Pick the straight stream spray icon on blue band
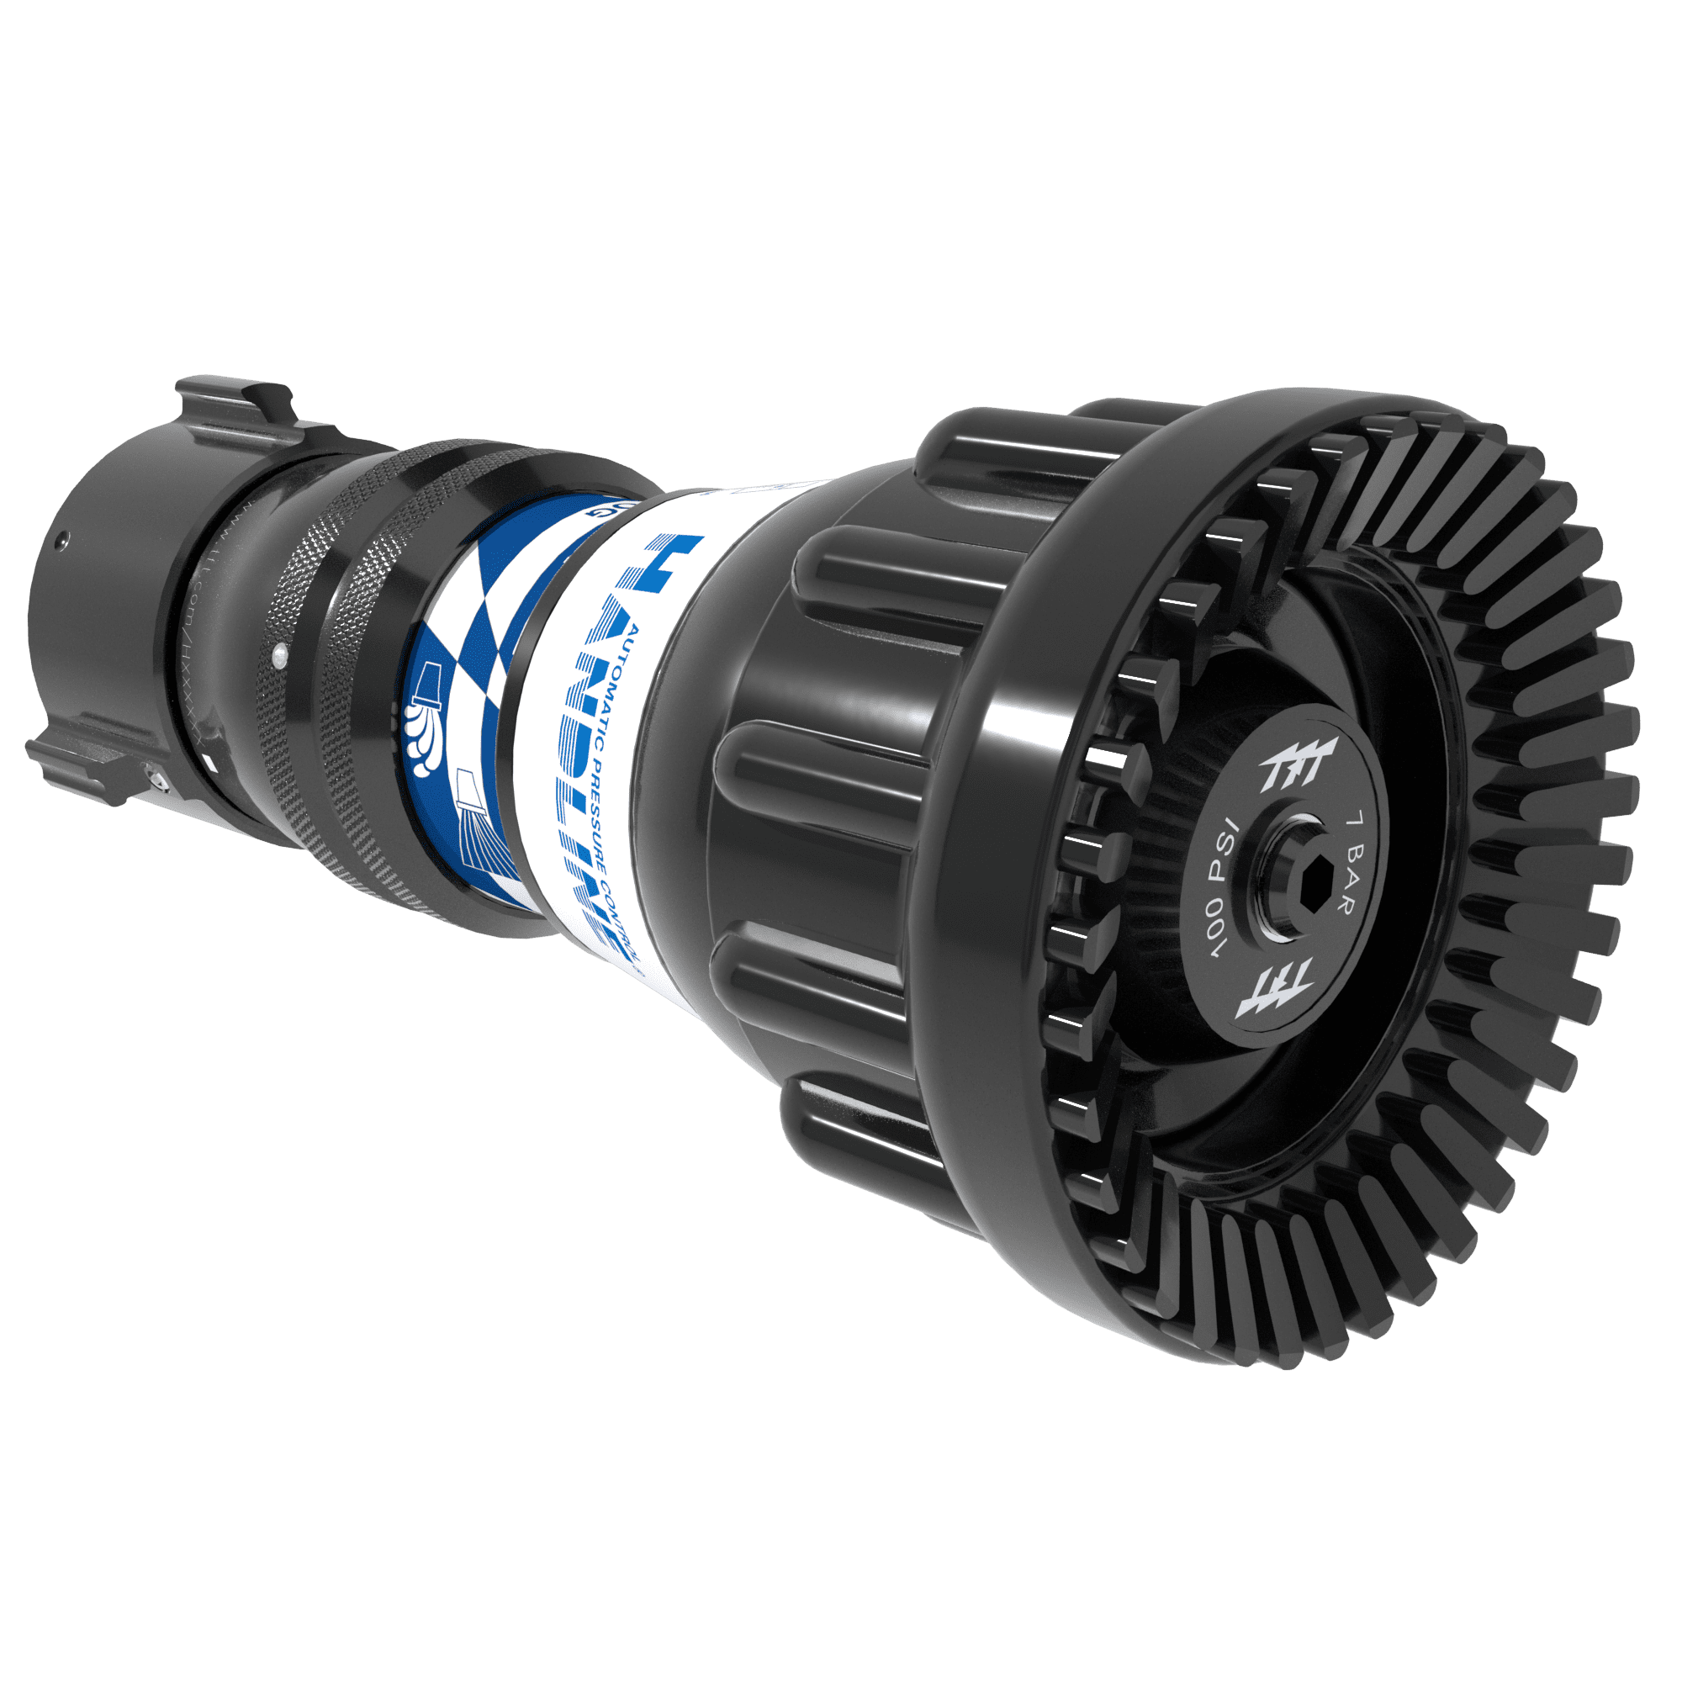click(x=480, y=836)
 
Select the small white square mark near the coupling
click(x=211, y=764)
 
